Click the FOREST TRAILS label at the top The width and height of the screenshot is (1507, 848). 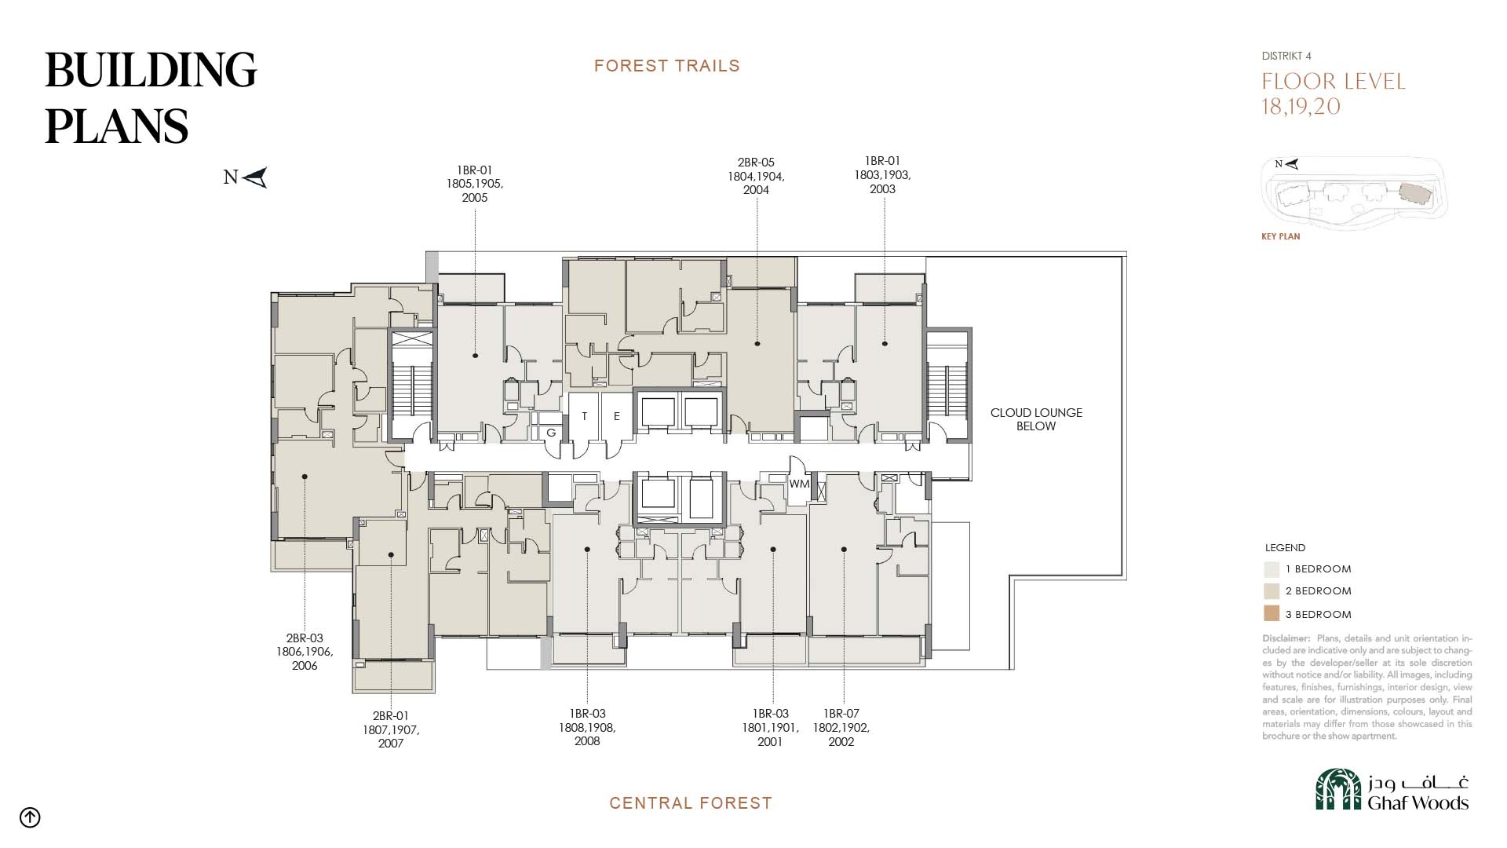[667, 66]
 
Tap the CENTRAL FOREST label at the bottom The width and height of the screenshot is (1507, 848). [691, 803]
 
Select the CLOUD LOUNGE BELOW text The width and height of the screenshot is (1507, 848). [1036, 419]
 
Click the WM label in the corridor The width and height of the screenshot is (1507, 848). [799, 484]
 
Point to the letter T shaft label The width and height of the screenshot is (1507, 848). [584, 416]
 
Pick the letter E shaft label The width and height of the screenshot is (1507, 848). [617, 416]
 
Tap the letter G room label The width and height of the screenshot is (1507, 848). [551, 433]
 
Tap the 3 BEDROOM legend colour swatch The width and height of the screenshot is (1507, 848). [1272, 614]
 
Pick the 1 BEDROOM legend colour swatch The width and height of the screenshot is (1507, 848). [1272, 569]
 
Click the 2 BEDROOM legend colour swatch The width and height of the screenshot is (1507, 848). [1272, 591]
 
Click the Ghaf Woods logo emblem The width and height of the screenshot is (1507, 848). [1338, 789]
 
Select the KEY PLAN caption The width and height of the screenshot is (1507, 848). [1281, 236]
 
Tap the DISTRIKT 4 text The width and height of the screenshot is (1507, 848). [1286, 56]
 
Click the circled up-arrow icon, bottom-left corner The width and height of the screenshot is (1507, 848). [30, 817]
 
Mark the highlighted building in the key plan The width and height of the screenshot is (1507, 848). [1417, 194]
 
